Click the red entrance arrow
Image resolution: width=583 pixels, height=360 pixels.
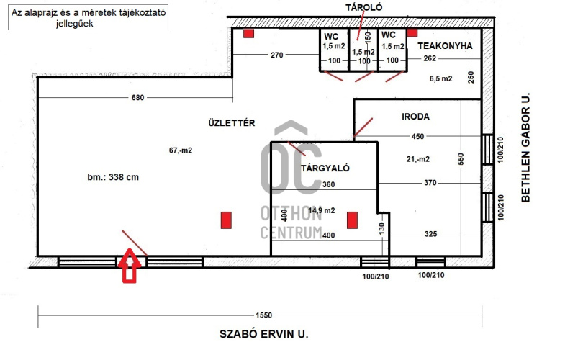(x=130, y=265)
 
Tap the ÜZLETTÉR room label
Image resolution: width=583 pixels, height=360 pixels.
(x=232, y=122)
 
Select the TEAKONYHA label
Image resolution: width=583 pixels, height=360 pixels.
(x=445, y=46)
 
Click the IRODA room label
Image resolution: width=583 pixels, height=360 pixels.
(x=415, y=117)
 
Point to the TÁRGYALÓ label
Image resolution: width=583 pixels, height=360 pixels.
(x=325, y=168)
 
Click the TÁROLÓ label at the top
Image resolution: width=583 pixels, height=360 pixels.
(x=363, y=7)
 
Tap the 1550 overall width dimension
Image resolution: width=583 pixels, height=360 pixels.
(x=263, y=315)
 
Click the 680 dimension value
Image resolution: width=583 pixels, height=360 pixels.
(x=137, y=97)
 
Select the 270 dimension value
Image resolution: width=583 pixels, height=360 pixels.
(x=276, y=55)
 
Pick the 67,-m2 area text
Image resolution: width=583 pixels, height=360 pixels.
(x=181, y=150)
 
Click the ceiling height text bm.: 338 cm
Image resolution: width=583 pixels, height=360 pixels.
(x=113, y=177)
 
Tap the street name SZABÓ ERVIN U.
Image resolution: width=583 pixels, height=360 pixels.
(x=264, y=333)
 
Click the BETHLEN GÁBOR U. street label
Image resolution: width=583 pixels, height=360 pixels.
(x=525, y=148)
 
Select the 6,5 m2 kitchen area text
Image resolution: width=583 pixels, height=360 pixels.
(x=441, y=78)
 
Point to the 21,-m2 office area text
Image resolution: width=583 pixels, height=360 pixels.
(x=418, y=159)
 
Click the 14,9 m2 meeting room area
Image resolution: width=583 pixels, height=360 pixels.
(x=322, y=210)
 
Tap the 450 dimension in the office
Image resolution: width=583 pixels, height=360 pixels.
(x=417, y=137)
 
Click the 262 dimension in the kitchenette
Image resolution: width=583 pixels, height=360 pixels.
(x=430, y=58)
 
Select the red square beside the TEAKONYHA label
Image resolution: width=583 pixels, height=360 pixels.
(x=412, y=32)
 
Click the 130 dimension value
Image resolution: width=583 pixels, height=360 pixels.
(x=382, y=228)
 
